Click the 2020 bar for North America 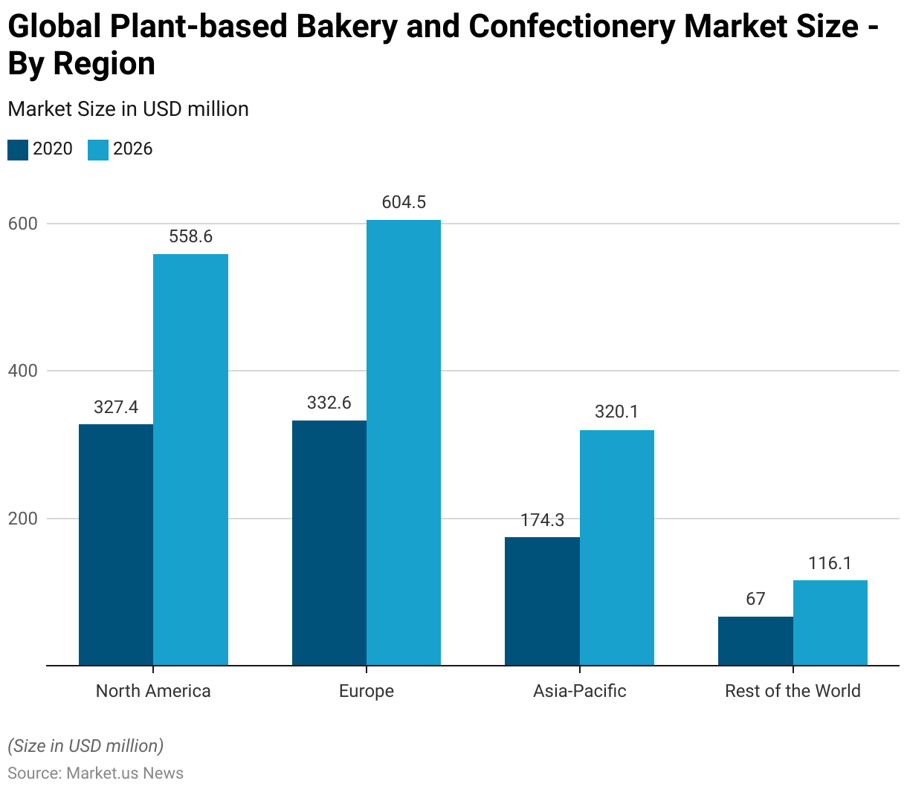click(x=116, y=545)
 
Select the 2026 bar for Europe click(x=404, y=442)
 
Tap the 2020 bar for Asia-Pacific click(x=542, y=601)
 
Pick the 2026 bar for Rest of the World click(x=830, y=623)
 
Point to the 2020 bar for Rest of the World click(x=755, y=640)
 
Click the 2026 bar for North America click(x=190, y=459)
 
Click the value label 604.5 click(x=404, y=203)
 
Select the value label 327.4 click(x=116, y=407)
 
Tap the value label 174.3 click(x=542, y=520)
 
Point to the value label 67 click(x=755, y=599)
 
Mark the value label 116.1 click(x=830, y=563)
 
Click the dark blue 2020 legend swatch click(x=18, y=149)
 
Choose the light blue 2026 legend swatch click(x=98, y=149)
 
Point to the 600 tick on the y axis click(x=22, y=224)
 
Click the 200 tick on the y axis click(x=22, y=519)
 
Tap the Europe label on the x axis click(x=367, y=691)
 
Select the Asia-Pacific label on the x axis click(x=580, y=691)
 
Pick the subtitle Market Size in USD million click(x=128, y=109)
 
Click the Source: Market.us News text click(x=95, y=773)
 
